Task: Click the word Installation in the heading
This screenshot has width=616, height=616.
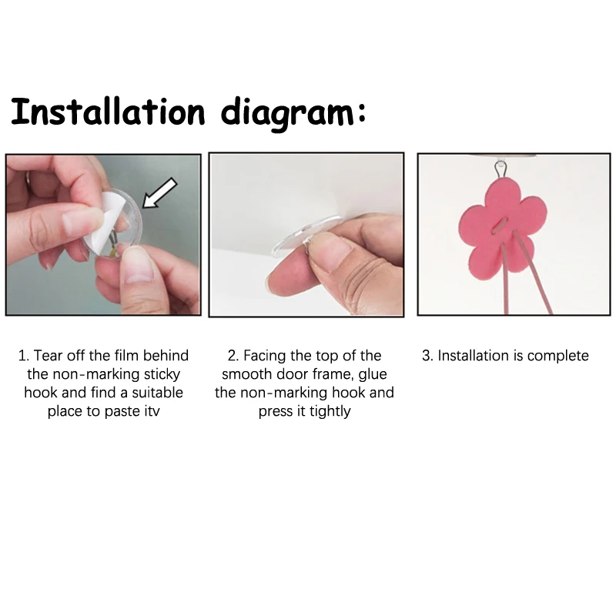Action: pyautogui.click(x=108, y=112)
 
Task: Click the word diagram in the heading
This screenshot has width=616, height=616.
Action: pyautogui.click(x=287, y=114)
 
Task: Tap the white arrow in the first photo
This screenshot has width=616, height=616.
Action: pyautogui.click(x=159, y=192)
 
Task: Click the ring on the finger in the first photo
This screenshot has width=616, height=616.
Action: pyautogui.click(x=27, y=182)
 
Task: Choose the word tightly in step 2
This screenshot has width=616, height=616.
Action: pyautogui.click(x=330, y=412)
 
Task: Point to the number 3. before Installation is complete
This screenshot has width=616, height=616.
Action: pyautogui.click(x=427, y=356)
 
